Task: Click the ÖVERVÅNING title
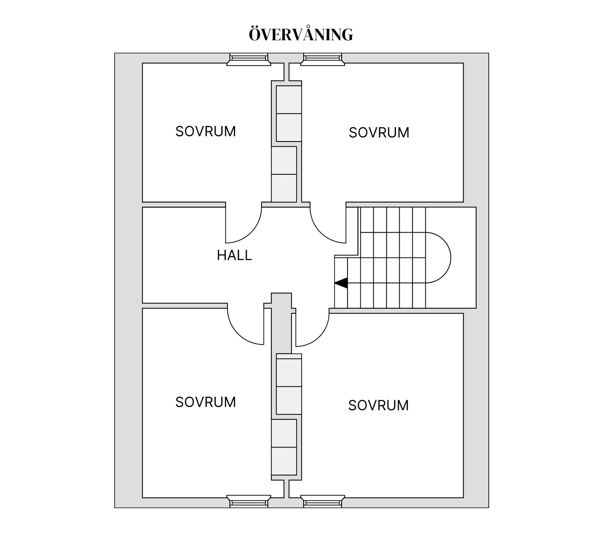click(301, 34)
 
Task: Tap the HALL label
click(234, 255)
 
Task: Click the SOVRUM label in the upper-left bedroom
click(205, 131)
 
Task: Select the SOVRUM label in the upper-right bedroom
click(379, 133)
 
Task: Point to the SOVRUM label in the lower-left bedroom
click(205, 402)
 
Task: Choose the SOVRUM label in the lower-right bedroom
click(378, 405)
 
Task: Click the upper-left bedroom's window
click(249, 59)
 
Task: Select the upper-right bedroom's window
click(322, 59)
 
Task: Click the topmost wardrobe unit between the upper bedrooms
click(289, 100)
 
